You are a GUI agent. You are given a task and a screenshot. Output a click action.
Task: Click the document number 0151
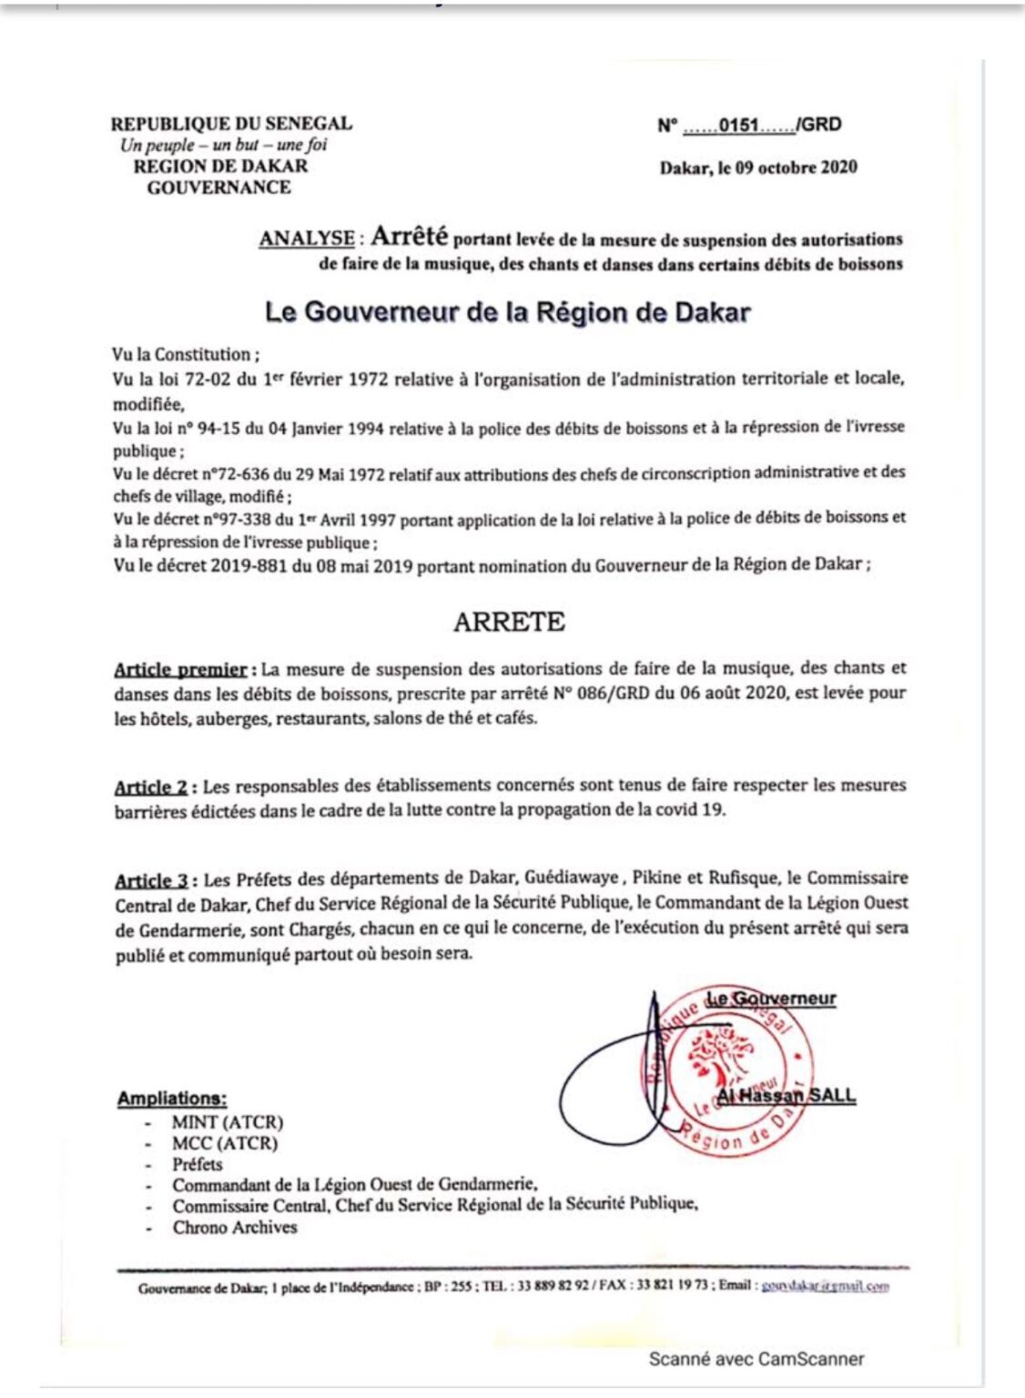pos(738,126)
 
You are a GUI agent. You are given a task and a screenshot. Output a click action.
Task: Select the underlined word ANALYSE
pos(307,238)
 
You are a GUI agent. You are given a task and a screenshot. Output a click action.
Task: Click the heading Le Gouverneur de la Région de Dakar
pos(507,312)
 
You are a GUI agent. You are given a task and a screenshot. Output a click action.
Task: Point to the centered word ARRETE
pos(509,622)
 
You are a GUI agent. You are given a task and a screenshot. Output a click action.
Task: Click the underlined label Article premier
pos(180,670)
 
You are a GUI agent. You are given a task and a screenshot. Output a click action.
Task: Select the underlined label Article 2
pos(151,787)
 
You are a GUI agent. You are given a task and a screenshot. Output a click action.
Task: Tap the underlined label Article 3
pos(151,880)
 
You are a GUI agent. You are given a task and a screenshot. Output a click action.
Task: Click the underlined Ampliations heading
pos(172,1099)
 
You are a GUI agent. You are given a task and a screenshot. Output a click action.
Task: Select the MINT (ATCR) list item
pos(228,1122)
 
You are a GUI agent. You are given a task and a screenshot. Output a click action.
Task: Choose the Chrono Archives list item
pos(235,1227)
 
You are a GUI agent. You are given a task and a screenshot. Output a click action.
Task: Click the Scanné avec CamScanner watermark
pos(756,1359)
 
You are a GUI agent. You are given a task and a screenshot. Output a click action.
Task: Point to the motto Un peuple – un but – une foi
pos(223,145)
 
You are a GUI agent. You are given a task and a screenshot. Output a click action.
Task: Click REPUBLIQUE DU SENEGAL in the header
pos(231,124)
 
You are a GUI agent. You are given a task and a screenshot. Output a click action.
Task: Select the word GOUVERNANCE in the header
pos(219,187)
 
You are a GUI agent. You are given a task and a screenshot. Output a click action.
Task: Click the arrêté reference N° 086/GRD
pos(601,694)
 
